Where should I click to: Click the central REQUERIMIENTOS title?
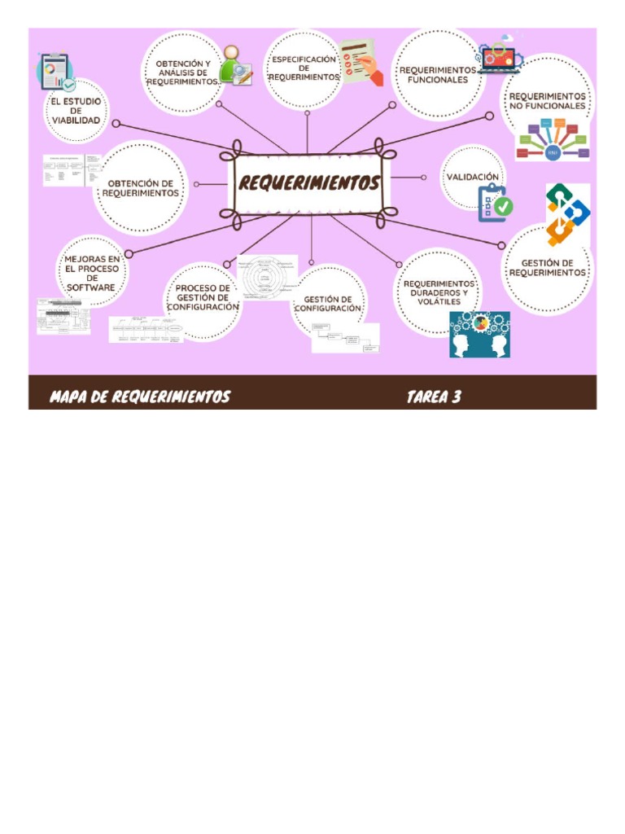(309, 184)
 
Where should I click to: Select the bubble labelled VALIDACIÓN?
(472, 177)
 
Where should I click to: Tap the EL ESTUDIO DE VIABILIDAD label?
(73, 112)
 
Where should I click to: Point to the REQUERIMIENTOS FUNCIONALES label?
(438, 75)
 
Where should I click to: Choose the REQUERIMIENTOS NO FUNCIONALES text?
(547, 101)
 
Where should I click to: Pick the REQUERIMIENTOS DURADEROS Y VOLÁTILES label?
(438, 292)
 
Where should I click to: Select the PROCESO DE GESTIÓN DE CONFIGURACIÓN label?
(203, 298)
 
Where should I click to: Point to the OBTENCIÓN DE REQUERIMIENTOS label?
(140, 188)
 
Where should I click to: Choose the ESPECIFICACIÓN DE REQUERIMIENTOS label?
(304, 68)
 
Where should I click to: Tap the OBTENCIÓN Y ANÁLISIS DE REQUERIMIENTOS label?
(183, 72)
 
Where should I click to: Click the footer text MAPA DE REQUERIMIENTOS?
(140, 397)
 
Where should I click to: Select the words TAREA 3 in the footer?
(434, 397)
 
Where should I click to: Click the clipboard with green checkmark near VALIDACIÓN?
(495, 203)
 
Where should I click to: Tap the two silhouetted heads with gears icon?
(479, 334)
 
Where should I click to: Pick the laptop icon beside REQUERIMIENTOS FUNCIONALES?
(498, 57)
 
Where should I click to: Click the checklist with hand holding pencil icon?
(361, 62)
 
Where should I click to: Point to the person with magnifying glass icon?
(235, 65)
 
